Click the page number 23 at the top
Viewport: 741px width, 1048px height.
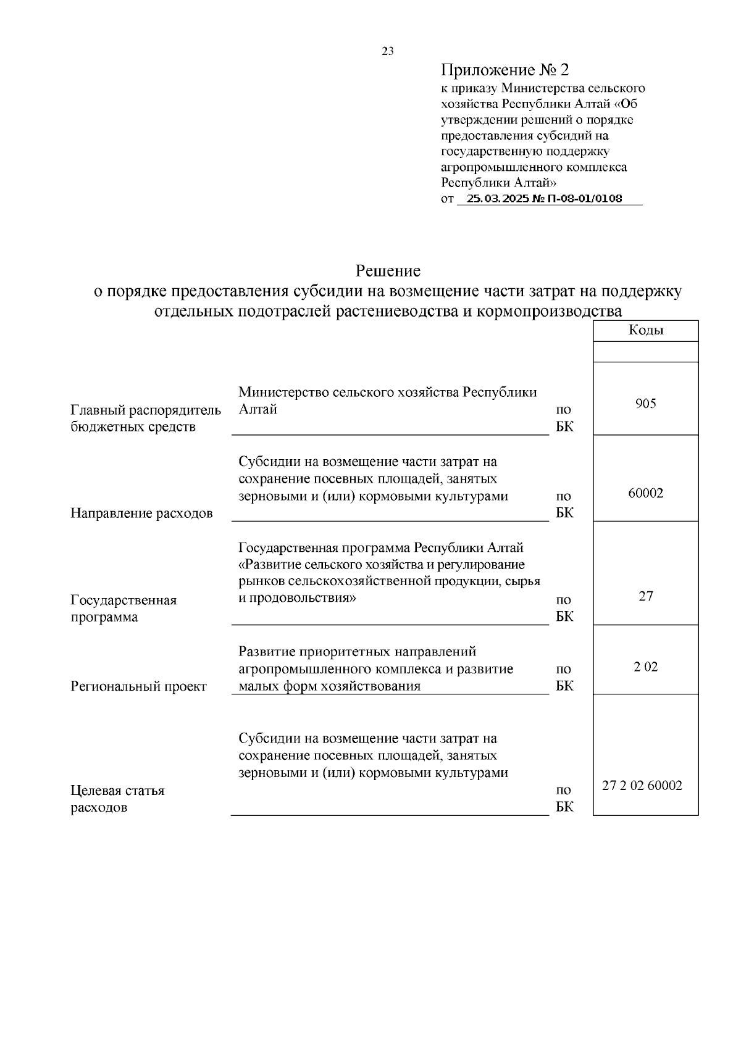(388, 51)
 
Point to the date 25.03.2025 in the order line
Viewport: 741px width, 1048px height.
(493, 199)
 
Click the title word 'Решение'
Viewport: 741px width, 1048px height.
(388, 271)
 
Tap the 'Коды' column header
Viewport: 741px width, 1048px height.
(645, 330)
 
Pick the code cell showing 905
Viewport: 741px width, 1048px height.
(645, 404)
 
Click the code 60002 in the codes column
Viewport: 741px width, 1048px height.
(645, 493)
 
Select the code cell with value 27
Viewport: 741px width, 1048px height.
(645, 596)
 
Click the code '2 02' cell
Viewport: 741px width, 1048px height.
(645, 667)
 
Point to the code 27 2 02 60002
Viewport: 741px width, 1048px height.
(642, 786)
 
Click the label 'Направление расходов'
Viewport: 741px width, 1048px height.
(141, 514)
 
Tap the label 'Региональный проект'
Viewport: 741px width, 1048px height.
(138, 686)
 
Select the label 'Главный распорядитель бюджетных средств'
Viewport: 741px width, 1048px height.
(146, 418)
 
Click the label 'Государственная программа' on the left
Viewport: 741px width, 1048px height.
(124, 609)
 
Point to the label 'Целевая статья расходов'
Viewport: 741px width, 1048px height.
(117, 799)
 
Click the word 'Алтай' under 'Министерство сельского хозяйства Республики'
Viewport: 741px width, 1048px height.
(257, 409)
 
